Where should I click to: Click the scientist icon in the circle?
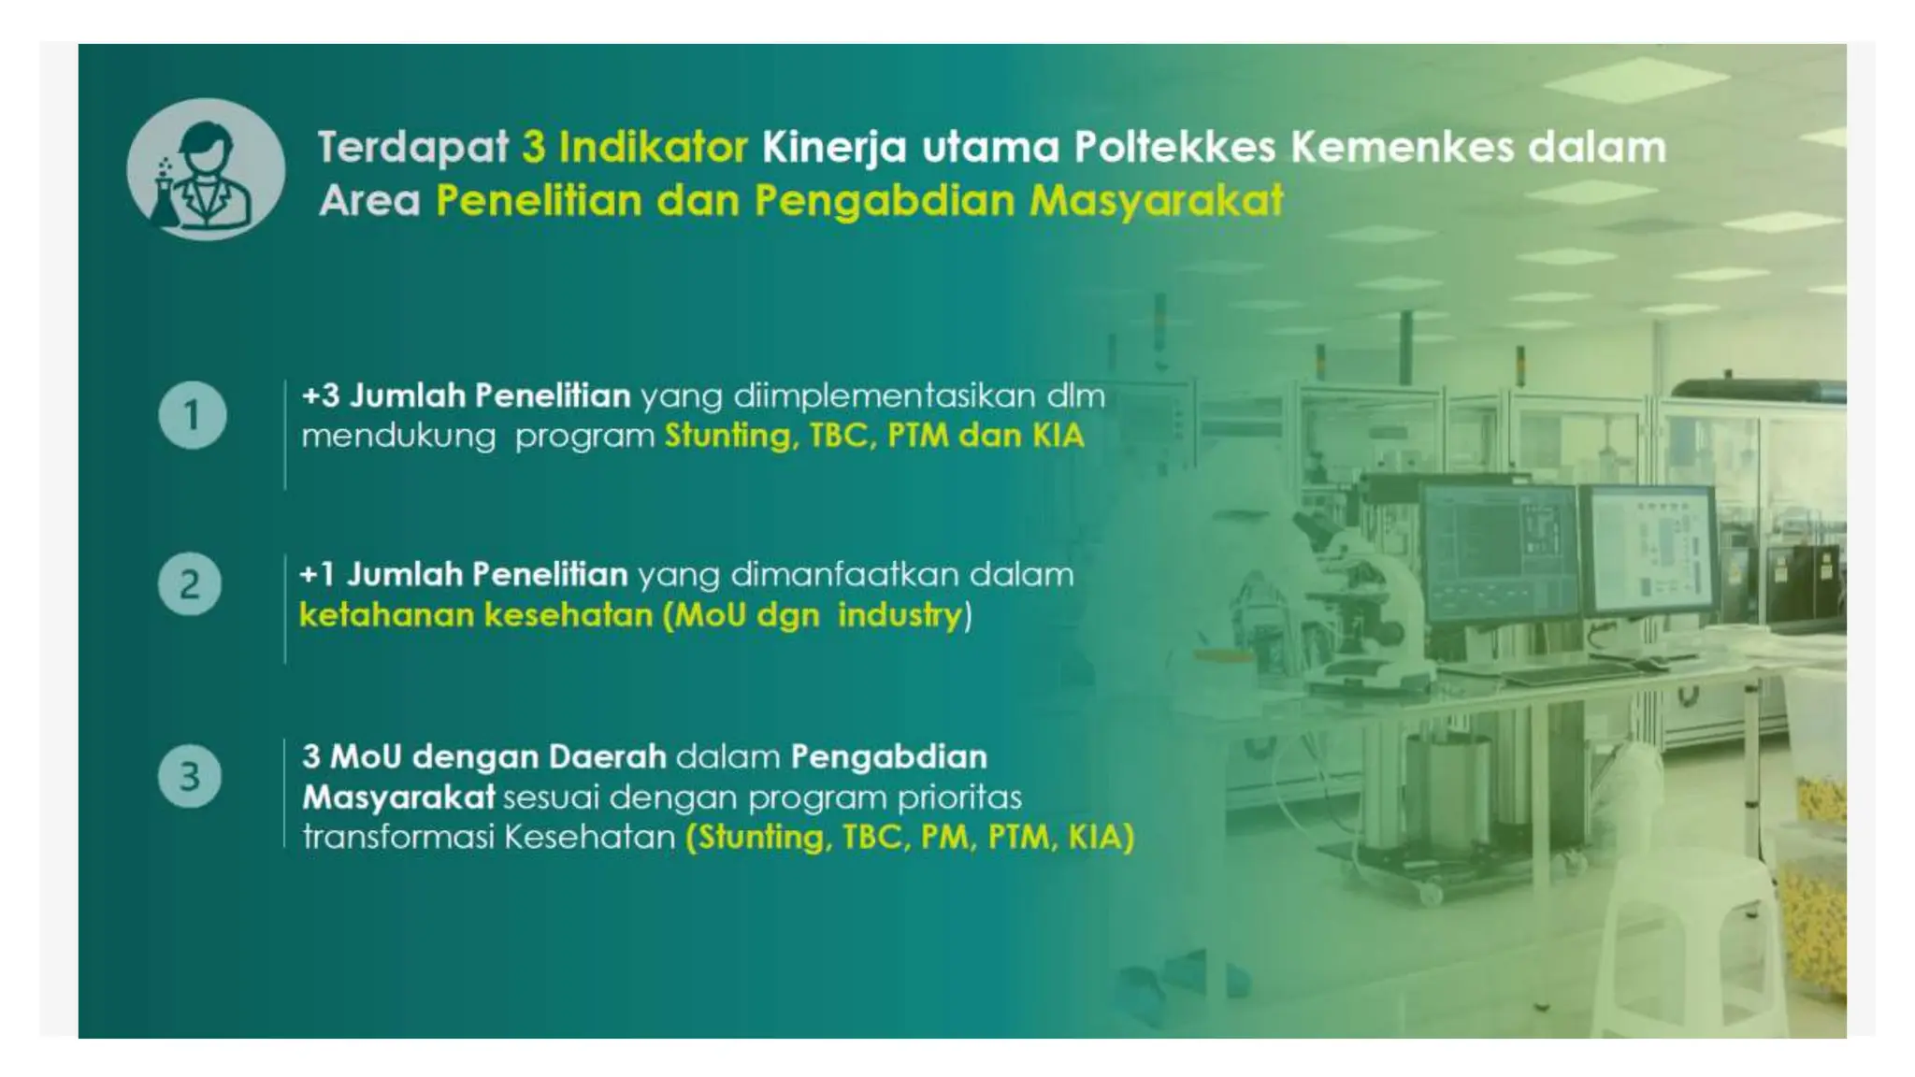206,170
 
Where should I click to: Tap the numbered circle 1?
192,415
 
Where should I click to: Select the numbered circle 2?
190,584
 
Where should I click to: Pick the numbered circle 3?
190,776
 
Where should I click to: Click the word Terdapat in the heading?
413,148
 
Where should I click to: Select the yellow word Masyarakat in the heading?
1156,201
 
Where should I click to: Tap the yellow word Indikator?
653,148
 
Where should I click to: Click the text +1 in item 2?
316,575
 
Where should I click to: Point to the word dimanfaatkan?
843,575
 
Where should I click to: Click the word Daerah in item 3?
608,756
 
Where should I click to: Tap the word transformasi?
396,837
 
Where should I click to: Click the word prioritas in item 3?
959,797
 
